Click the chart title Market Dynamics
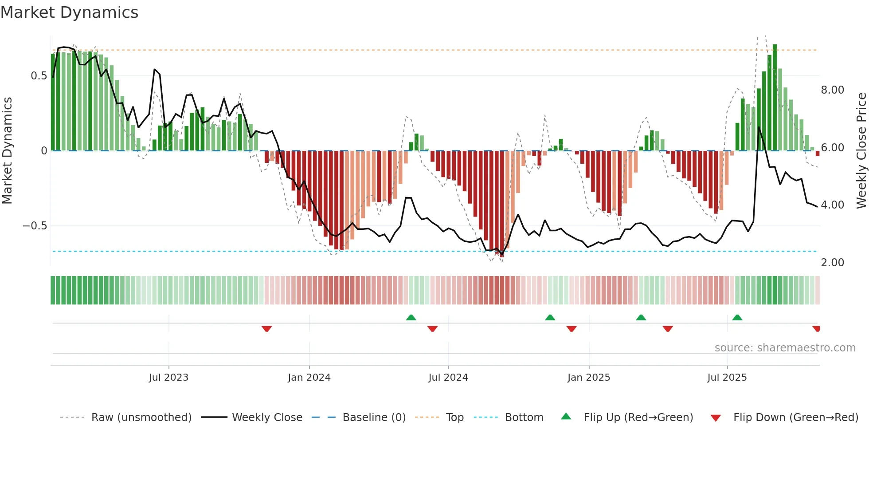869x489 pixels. point(70,12)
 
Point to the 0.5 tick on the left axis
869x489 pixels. point(39,76)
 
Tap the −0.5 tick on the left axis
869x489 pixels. point(35,226)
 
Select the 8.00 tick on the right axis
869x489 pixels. point(832,90)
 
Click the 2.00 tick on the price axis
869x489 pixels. point(832,263)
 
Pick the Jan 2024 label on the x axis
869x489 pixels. point(309,378)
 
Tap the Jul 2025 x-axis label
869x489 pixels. point(727,378)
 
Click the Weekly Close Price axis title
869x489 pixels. point(861,151)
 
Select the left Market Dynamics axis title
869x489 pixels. point(7,151)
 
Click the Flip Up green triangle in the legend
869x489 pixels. point(566,417)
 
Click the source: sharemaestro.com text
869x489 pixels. point(785,348)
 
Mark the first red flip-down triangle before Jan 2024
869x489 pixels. point(266,329)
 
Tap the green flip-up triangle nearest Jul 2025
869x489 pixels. point(737,317)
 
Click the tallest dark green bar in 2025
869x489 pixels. point(775,98)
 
